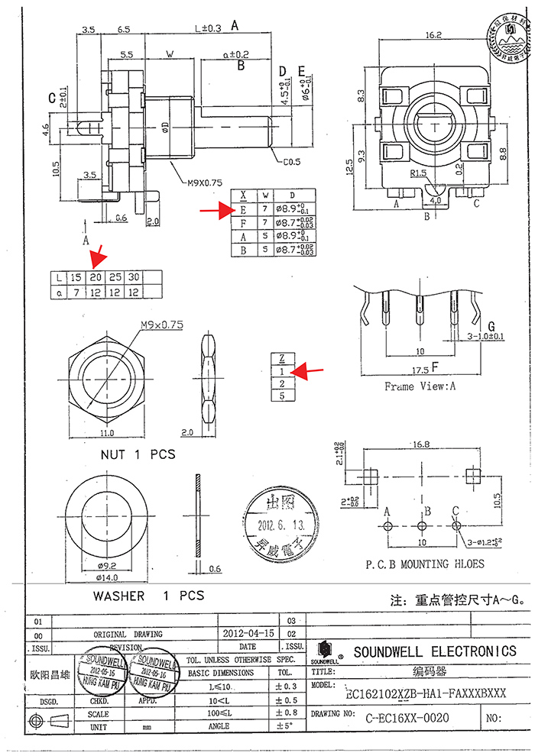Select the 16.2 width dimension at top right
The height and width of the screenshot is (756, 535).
point(434,34)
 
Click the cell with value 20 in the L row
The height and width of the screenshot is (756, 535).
point(96,277)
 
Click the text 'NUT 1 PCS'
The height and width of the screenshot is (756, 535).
point(138,454)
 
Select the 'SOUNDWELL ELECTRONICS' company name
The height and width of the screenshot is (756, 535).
point(434,651)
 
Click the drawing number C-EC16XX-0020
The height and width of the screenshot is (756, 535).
point(407,718)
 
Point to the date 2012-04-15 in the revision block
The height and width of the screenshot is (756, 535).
point(248,634)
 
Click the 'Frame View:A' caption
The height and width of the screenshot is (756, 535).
point(420,386)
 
